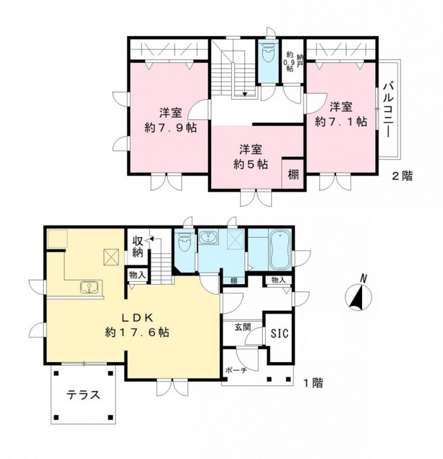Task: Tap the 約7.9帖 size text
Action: (x=170, y=127)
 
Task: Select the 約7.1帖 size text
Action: (x=341, y=121)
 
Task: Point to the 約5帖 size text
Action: (x=251, y=164)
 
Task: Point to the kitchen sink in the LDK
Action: (x=90, y=286)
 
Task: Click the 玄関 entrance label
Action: (x=242, y=327)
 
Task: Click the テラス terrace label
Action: (x=84, y=395)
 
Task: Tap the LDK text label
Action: (x=136, y=317)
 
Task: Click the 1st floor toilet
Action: (x=184, y=244)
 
